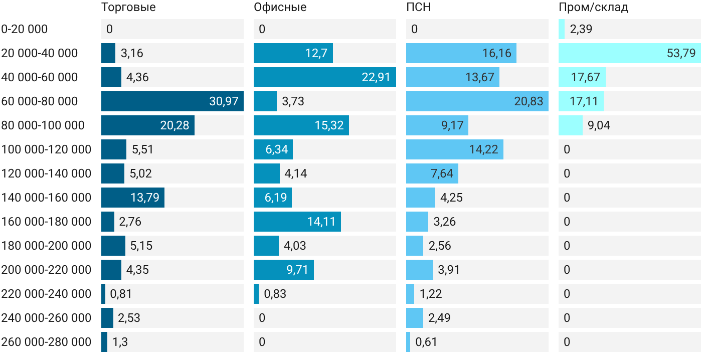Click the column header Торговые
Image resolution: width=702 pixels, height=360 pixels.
click(x=128, y=7)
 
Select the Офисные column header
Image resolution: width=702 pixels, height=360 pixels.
click(x=280, y=7)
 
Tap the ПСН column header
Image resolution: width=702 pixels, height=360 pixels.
click(x=419, y=7)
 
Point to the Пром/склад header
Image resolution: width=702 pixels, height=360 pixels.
click(x=593, y=7)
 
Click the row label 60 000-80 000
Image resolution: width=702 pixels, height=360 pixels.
click(x=40, y=101)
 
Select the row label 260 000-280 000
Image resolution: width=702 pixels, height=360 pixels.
click(x=46, y=342)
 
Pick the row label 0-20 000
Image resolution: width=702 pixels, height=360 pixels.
click(x=25, y=29)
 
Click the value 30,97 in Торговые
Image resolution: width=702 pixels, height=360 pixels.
click(x=224, y=101)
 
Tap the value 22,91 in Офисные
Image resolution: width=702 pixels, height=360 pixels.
click(x=376, y=77)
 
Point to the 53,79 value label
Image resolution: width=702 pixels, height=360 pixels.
click(x=681, y=53)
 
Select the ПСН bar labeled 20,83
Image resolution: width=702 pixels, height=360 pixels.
click(x=477, y=101)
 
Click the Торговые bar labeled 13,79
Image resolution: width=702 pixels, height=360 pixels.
click(x=133, y=198)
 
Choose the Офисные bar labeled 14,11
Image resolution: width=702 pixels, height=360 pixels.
click(x=297, y=222)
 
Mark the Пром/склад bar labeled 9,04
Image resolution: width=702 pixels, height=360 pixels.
click(x=571, y=125)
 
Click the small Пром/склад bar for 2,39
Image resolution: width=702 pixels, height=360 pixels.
click(x=562, y=29)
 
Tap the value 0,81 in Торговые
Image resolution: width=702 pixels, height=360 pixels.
click(x=121, y=294)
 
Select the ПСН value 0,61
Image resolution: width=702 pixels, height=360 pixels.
click(x=426, y=342)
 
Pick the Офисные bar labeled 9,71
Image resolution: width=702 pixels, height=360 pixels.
click(x=284, y=269)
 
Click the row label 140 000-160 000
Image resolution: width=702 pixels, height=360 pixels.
click(x=46, y=198)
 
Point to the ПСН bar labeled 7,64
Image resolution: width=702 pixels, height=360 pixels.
click(x=432, y=173)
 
